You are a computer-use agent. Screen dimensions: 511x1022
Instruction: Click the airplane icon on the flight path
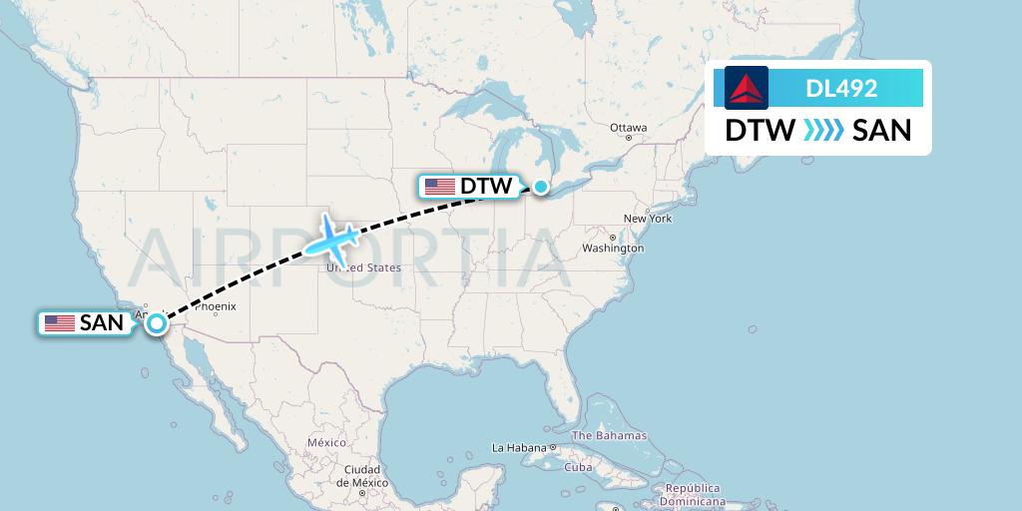pos(332,240)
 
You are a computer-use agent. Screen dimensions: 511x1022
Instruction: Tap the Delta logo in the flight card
pos(747,88)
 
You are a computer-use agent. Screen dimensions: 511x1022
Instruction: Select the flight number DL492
pos(841,88)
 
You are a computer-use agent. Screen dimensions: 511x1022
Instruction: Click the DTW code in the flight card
pos(760,130)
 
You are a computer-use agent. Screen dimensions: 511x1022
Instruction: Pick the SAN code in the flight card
pos(882,130)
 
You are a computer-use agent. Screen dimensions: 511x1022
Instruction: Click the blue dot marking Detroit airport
pos(541,186)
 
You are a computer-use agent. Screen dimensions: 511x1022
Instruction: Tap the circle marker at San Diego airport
pos(157,322)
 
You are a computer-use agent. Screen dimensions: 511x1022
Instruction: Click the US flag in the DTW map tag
pos(439,186)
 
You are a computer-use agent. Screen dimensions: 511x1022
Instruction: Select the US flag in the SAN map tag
pos(60,322)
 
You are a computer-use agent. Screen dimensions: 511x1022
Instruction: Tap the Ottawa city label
pos(629,128)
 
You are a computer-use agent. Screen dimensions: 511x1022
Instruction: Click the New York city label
pos(648,218)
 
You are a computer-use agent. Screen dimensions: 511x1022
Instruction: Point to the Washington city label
pos(612,248)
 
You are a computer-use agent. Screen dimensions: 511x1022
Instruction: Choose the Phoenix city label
pos(215,306)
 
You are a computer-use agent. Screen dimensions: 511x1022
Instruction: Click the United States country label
pos(364,267)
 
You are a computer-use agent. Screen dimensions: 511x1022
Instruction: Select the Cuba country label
pos(579,467)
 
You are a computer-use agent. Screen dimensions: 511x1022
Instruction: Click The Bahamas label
pos(609,435)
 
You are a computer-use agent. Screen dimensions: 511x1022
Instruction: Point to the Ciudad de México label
pos(361,475)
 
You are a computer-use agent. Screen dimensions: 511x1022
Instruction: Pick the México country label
pos(326,442)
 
